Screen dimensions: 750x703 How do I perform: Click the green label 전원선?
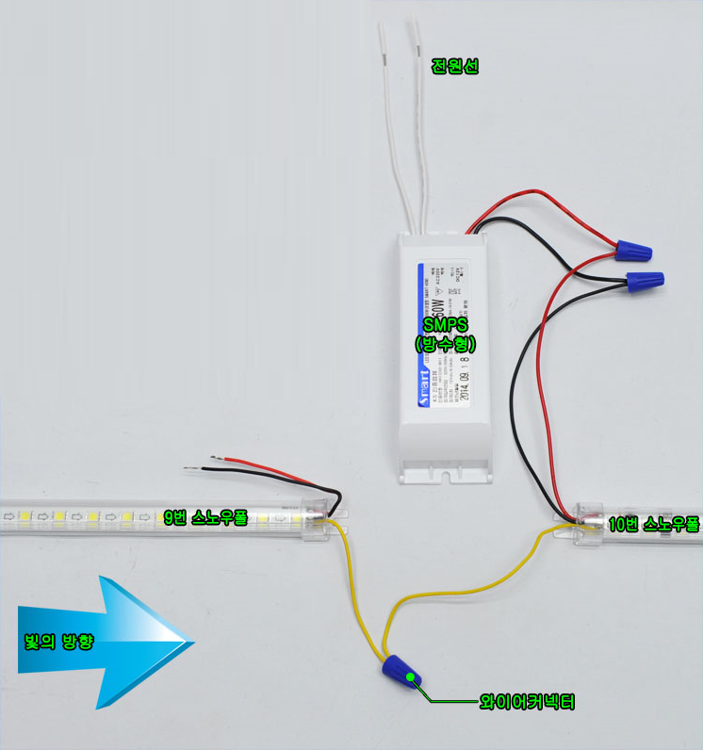[x=455, y=67]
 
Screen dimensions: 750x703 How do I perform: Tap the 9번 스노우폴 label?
[x=205, y=517]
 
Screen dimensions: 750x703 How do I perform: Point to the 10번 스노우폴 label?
[x=654, y=525]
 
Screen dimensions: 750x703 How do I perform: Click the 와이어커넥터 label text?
[x=527, y=702]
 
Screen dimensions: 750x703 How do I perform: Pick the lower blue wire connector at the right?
[x=645, y=280]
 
